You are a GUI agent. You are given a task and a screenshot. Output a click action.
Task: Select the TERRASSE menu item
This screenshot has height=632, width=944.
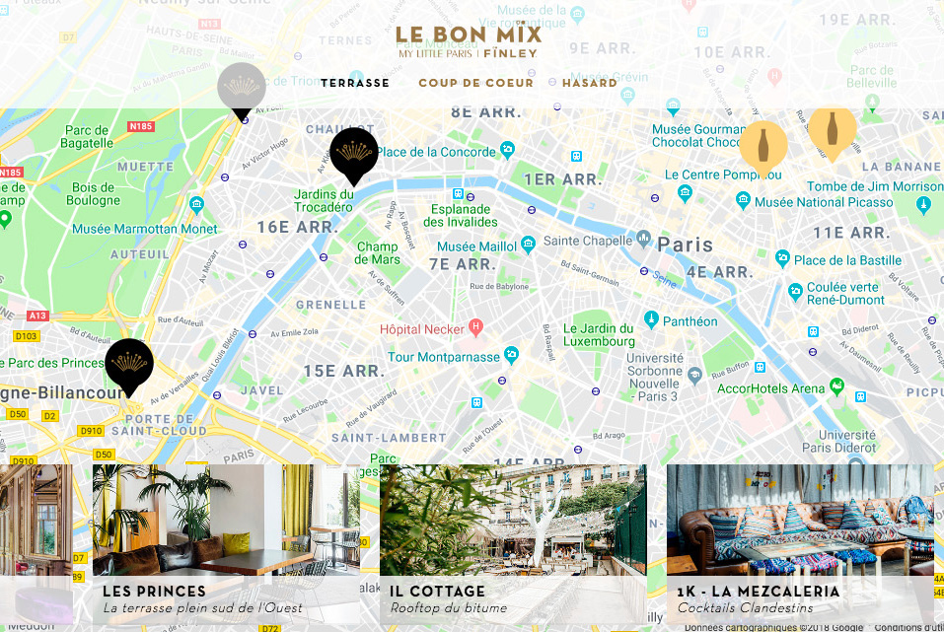click(355, 83)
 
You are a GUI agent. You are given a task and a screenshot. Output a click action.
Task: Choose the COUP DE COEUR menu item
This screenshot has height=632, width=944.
click(475, 83)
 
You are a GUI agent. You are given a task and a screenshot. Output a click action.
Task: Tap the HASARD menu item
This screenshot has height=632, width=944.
click(590, 83)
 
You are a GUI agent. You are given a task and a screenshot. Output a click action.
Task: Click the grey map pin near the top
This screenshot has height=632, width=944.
click(242, 89)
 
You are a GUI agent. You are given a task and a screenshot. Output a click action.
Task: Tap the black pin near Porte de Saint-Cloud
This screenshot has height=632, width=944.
click(129, 365)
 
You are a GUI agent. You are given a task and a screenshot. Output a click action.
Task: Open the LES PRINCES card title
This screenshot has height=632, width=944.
click(155, 592)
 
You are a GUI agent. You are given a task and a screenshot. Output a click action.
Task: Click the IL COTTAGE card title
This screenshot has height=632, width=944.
click(437, 592)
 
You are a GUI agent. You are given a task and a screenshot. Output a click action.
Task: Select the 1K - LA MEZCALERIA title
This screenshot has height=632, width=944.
click(759, 592)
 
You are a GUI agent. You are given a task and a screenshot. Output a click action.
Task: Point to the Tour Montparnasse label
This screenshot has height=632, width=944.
click(444, 357)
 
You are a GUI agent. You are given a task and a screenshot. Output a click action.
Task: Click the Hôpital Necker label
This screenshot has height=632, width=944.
click(424, 327)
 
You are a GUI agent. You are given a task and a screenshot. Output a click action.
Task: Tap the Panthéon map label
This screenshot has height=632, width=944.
click(690, 321)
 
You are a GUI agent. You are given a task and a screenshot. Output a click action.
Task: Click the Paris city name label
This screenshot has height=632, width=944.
click(685, 244)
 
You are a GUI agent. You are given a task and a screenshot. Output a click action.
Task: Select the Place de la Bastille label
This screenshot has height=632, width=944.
click(847, 260)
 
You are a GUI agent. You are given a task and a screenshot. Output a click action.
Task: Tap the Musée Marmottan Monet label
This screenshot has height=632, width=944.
click(144, 230)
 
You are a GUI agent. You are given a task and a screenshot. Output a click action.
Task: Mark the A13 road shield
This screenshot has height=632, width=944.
click(37, 316)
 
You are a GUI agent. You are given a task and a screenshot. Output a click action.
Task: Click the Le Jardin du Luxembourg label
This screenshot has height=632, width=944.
click(599, 335)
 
